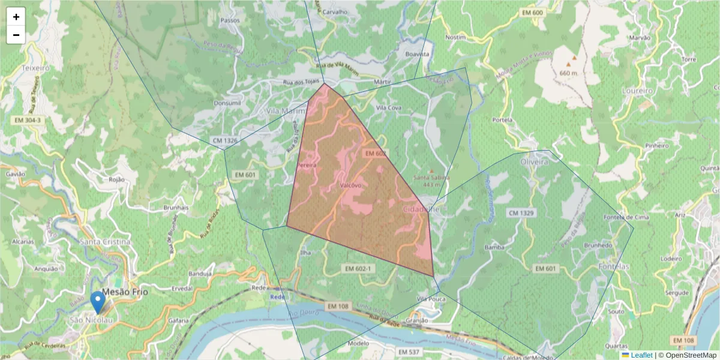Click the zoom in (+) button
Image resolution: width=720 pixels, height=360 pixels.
[x=16, y=17]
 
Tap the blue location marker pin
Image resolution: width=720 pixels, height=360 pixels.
[x=98, y=302]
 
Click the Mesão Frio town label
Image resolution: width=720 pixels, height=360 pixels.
[x=125, y=292]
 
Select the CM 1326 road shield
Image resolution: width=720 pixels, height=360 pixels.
[x=225, y=141]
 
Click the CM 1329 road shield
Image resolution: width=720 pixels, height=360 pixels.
[x=521, y=213]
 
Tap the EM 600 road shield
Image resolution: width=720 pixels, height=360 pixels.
[x=532, y=13]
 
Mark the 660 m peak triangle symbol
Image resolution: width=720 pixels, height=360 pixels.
[x=574, y=58]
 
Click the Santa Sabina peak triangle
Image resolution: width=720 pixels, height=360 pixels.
[x=431, y=171]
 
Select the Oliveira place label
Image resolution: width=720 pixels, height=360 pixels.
[x=535, y=162]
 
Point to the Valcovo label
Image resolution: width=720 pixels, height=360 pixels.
[x=351, y=185]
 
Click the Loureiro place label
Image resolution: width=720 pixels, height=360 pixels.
[x=638, y=91]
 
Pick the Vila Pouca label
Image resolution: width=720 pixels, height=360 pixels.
[x=431, y=298]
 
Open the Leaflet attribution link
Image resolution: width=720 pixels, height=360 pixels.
[x=641, y=355]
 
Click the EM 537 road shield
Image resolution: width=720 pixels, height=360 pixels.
[x=409, y=352]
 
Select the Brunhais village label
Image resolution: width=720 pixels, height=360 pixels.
[x=176, y=208]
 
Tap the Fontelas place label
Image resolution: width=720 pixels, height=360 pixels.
[x=614, y=266]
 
